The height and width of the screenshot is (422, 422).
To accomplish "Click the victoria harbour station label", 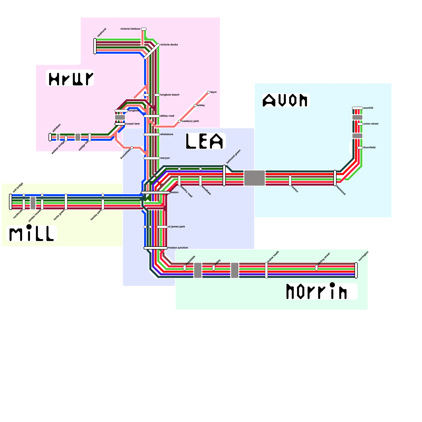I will (130, 29).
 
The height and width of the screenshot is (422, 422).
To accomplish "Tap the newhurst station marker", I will (95, 46).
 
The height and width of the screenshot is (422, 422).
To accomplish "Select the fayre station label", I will (213, 92).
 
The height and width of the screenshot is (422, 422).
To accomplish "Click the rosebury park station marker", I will (179, 121).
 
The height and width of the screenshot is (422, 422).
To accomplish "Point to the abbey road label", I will (167, 116).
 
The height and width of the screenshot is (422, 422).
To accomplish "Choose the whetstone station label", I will (167, 134).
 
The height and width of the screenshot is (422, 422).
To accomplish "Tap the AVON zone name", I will (285, 100).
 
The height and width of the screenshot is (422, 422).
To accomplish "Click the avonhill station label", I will (368, 108).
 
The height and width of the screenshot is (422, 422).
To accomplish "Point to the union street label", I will (371, 124).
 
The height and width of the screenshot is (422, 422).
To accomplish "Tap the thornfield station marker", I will (360, 148).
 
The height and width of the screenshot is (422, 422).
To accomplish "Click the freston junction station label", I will (178, 248).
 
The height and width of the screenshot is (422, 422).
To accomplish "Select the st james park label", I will (176, 227).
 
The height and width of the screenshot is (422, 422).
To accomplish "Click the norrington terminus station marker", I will (356, 270).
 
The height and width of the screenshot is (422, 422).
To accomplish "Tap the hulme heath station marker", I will (266, 270).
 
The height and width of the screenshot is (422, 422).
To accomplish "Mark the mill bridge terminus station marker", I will (11, 202).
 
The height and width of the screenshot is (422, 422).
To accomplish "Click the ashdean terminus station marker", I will (50, 137).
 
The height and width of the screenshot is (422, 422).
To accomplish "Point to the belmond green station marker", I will (224, 175).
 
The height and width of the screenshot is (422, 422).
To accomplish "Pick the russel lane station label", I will (133, 124).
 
